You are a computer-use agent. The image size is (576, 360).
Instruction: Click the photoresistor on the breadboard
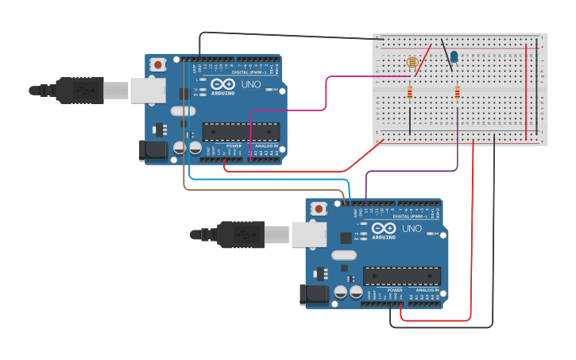[412, 62]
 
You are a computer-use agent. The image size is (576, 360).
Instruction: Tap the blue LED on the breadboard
[454, 56]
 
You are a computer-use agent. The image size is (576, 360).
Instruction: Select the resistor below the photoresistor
[410, 93]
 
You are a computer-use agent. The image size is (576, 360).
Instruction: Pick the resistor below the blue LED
[457, 93]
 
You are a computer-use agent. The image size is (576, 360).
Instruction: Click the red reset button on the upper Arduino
[159, 64]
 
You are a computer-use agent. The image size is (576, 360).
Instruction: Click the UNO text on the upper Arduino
[251, 83]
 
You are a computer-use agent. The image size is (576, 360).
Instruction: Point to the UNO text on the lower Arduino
[412, 228]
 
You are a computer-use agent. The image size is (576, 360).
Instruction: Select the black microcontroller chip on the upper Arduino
[240, 132]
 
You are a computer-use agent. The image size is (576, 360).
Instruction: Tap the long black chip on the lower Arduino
[401, 276]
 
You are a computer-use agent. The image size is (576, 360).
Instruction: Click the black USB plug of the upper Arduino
[79, 91]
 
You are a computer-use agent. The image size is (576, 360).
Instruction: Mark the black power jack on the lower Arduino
[313, 295]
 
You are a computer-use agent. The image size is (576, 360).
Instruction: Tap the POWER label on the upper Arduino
[234, 146]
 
